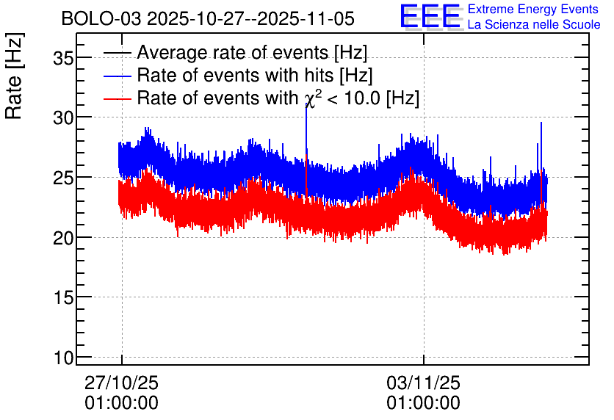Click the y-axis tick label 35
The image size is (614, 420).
click(63, 59)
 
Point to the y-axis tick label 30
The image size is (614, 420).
click(63, 117)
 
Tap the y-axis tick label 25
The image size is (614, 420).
click(63, 178)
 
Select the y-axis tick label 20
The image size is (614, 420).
click(63, 238)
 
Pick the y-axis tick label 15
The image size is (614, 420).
click(63, 298)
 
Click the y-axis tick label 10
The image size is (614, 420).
click(63, 358)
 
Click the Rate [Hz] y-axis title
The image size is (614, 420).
click(14, 76)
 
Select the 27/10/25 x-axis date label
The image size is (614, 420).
click(121, 383)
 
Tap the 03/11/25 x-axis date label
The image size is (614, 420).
click(423, 383)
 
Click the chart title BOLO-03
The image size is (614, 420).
click(101, 18)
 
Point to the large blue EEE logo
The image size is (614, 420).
click(431, 16)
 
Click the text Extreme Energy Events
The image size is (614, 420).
click(533, 9)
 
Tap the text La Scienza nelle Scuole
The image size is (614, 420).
click(534, 24)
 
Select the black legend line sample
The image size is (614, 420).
click(117, 53)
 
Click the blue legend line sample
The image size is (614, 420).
click(117, 76)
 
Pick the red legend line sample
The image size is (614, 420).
click(117, 98)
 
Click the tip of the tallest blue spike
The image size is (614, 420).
click(306, 104)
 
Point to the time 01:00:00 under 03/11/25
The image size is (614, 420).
click(423, 403)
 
